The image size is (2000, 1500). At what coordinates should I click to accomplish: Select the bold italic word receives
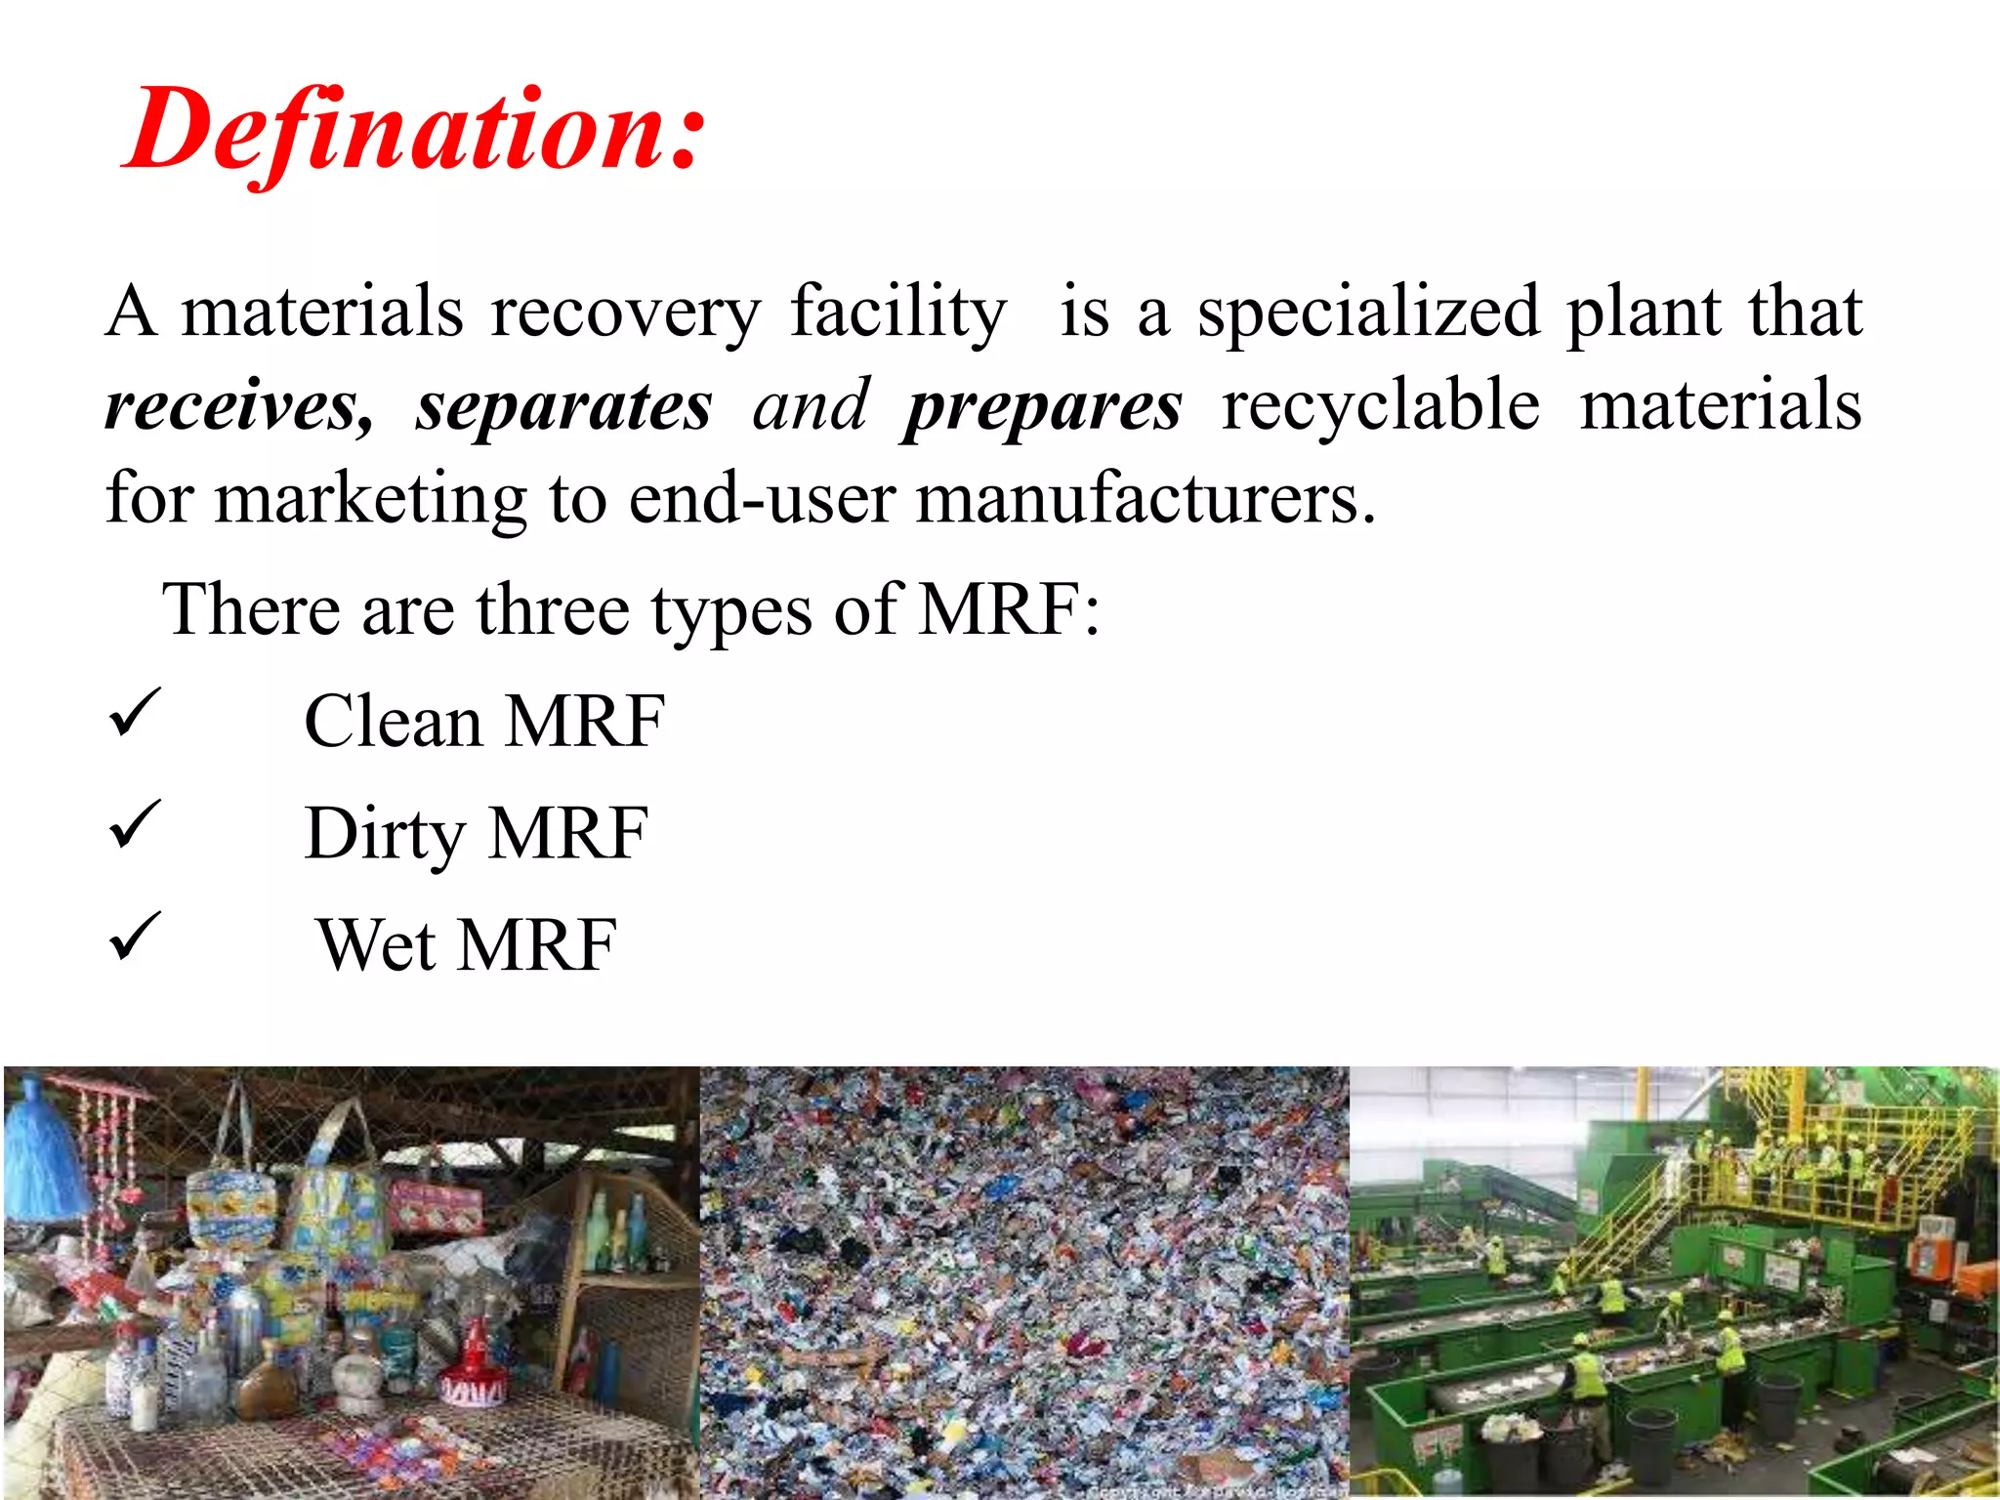tap(238, 405)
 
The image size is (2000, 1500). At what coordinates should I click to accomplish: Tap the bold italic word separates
tap(563, 405)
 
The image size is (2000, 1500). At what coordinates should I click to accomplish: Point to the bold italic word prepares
tap(1042, 405)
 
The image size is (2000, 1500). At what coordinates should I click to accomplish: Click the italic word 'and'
tap(810, 405)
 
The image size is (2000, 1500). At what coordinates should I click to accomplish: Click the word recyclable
tap(1380, 405)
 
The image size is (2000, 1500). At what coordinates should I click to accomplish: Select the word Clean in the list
tap(393, 722)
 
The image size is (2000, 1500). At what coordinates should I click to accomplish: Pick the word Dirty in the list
tap(385, 834)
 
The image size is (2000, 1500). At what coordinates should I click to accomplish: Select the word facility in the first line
tap(897, 312)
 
